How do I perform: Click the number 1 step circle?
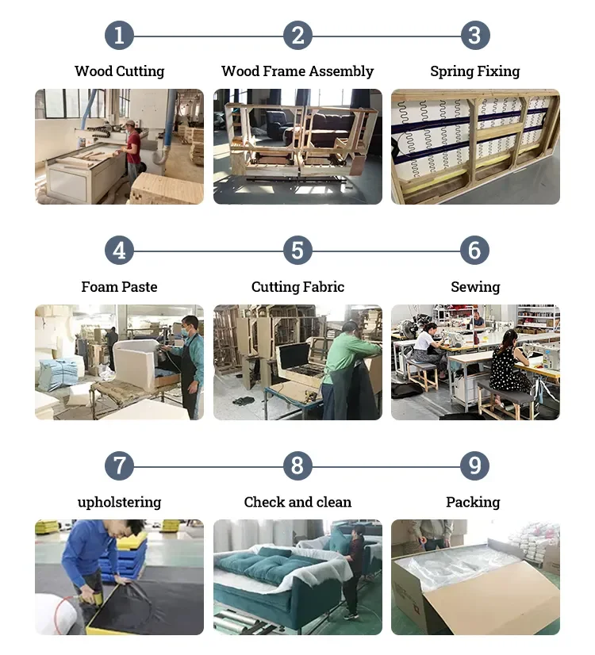click(x=119, y=36)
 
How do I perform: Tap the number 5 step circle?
click(x=297, y=251)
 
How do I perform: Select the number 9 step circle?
click(x=474, y=465)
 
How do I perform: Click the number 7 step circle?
click(x=119, y=465)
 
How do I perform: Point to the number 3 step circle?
click(x=474, y=36)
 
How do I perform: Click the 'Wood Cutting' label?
click(x=119, y=71)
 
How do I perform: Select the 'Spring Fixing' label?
click(x=474, y=71)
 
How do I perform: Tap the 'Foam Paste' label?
click(x=119, y=287)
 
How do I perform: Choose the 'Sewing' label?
click(x=474, y=287)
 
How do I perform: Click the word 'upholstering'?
click(x=119, y=502)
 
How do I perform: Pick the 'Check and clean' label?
click(x=297, y=502)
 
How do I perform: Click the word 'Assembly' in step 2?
click(x=341, y=71)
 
